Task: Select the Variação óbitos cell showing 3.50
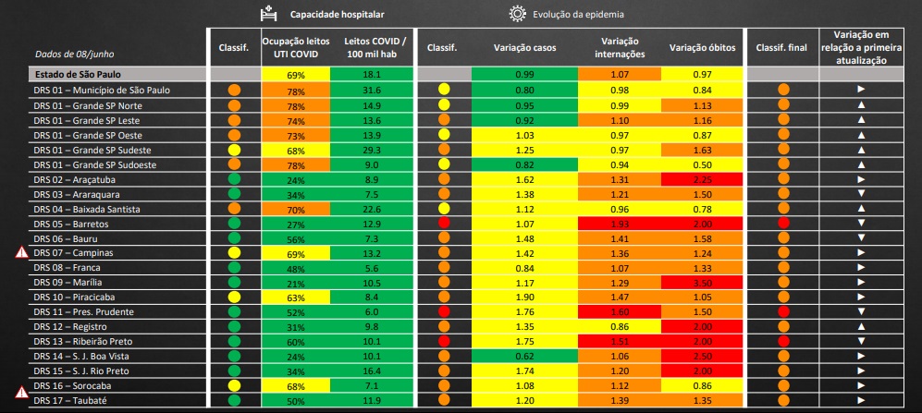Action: (704, 283)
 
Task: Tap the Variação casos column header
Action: (524, 48)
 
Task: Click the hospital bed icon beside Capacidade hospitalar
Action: (268, 14)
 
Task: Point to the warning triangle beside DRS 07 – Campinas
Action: (21, 252)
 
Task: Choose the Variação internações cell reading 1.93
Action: (620, 224)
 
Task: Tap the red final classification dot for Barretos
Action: (783, 224)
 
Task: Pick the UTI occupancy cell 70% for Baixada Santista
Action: (295, 209)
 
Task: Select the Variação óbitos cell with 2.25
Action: (704, 179)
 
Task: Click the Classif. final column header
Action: (782, 48)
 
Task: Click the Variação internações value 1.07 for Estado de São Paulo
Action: (620, 74)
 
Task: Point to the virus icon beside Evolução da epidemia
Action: (515, 14)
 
